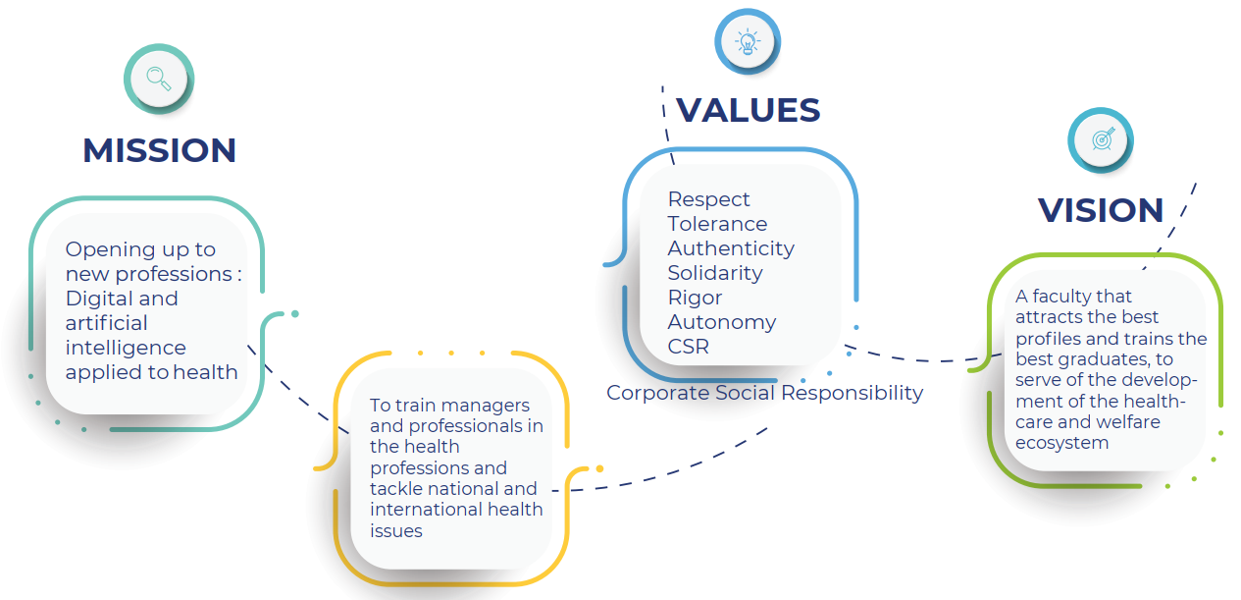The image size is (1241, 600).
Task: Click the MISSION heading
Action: point(160,150)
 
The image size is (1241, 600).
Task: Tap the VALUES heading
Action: point(748,110)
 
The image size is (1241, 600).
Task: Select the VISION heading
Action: point(1101,210)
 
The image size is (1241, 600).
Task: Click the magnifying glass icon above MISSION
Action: point(159,79)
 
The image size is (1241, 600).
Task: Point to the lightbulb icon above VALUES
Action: point(748,42)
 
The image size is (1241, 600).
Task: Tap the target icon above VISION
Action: point(1103,138)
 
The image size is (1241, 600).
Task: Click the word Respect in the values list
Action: point(708,199)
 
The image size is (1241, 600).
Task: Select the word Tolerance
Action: point(717,224)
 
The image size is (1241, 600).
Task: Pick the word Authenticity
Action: point(731,248)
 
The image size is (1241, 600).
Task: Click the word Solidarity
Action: point(715,273)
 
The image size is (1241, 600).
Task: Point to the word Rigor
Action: point(695,298)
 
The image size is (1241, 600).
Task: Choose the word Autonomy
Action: point(722,322)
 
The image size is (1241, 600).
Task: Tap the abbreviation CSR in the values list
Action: point(688,347)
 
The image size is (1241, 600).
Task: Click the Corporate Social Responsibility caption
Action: point(764,393)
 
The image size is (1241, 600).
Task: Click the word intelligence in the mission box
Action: point(126,349)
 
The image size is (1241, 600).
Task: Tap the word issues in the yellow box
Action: point(396,530)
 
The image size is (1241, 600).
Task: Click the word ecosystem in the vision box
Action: point(1062,443)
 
